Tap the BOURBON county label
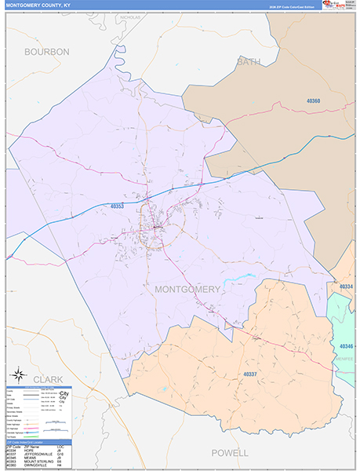pyautogui.click(x=47, y=52)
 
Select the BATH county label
pyautogui.click(x=249, y=61)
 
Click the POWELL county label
pyautogui.click(x=229, y=453)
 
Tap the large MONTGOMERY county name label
pyautogui.click(x=187, y=290)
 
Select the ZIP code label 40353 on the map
pyautogui.click(x=117, y=206)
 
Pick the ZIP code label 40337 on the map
pyautogui.click(x=251, y=374)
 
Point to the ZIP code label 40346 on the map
pyautogui.click(x=347, y=346)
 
